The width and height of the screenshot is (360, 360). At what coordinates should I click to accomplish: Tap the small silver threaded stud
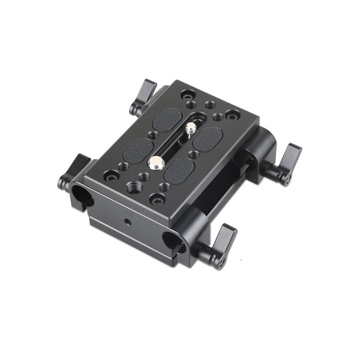pyautogui.click(x=189, y=130)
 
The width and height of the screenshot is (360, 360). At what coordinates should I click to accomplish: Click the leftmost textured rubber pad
pyautogui.click(x=137, y=149)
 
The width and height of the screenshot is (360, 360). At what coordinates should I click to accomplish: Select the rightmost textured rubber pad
pyautogui.click(x=208, y=138)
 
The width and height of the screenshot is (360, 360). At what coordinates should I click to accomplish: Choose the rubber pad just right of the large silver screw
pyautogui.click(x=179, y=170)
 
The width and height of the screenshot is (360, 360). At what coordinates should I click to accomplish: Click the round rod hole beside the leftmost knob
pyautogui.click(x=81, y=196)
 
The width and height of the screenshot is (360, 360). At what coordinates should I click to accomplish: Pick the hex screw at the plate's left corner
pyautogui.click(x=110, y=175)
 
